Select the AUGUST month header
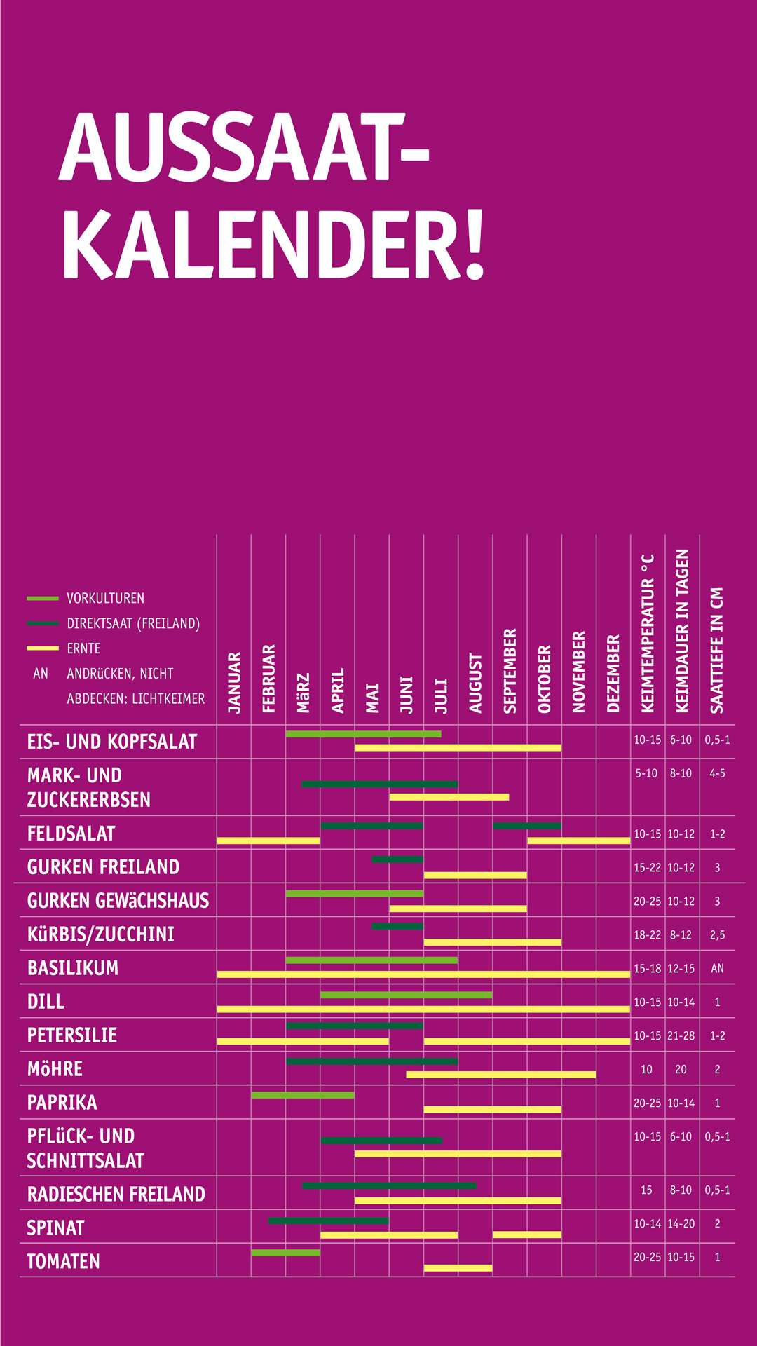(476, 683)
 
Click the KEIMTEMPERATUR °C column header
(648, 634)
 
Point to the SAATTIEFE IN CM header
(717, 650)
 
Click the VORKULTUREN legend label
(105, 598)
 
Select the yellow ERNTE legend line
(42, 648)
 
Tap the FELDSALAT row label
(71, 834)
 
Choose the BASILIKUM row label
(73, 968)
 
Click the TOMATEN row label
(63, 1262)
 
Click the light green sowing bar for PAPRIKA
(303, 1095)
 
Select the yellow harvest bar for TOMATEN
(458, 1268)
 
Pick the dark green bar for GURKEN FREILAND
(397, 859)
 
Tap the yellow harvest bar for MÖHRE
(500, 1075)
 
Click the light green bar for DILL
(406, 995)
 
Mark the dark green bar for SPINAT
(329, 1221)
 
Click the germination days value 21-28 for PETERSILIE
(681, 1035)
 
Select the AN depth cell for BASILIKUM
(717, 968)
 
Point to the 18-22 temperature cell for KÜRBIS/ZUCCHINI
(647, 934)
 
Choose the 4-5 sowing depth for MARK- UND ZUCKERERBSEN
(717, 773)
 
